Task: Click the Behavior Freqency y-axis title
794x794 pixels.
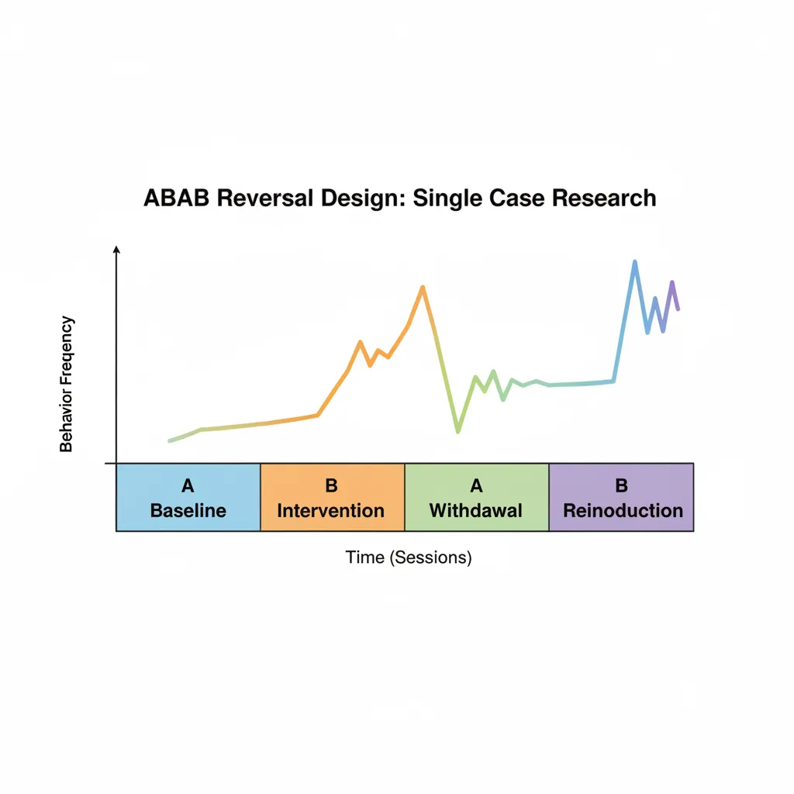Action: (67, 384)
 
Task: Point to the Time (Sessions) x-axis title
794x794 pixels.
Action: (409, 557)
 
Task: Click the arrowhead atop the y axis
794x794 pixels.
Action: (116, 250)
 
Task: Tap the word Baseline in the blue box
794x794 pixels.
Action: (188, 510)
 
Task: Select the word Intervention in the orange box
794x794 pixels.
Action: (331, 510)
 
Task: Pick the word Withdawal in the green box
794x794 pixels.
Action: (476, 510)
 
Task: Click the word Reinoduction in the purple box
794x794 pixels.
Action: (623, 510)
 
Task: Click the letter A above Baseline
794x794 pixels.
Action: (188, 486)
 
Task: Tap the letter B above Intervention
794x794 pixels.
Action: (332, 486)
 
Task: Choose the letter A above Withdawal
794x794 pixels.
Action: (476, 486)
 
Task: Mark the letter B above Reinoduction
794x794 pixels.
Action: (621, 486)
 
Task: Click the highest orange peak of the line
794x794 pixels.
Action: (423, 288)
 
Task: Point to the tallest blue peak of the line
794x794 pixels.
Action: (635, 262)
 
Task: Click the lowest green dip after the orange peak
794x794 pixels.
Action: (457, 431)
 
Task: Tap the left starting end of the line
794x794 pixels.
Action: (170, 440)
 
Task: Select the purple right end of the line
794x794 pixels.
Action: (678, 309)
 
